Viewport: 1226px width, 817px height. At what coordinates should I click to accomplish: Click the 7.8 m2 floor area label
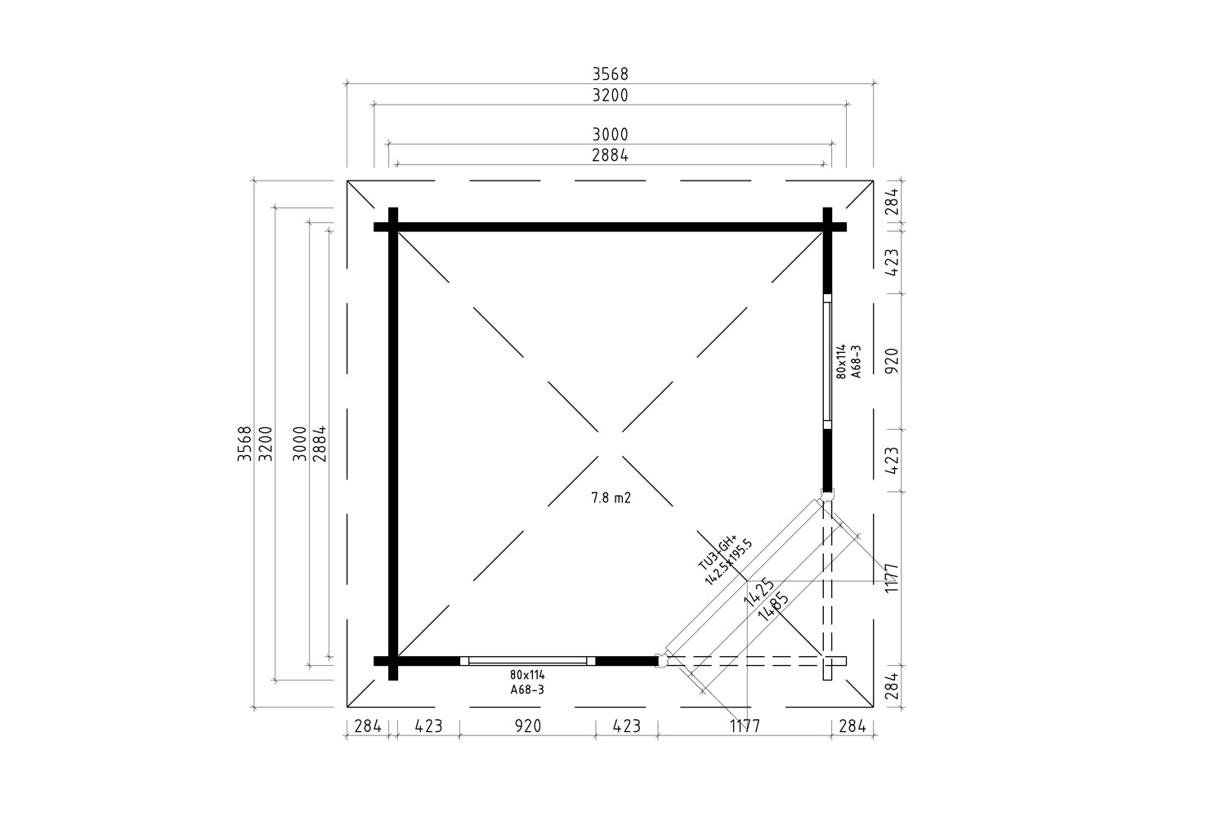(611, 498)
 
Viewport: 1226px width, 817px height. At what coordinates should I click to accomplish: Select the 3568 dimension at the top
(611, 74)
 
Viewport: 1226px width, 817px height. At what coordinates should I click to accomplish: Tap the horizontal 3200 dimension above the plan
(611, 96)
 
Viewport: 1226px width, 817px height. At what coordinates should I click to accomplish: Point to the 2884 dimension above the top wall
(611, 155)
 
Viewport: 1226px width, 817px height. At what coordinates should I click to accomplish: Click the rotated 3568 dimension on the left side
(244, 444)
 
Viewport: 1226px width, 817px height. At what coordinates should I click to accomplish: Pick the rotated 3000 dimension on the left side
(300, 444)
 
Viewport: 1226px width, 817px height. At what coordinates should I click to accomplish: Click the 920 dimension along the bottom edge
(528, 725)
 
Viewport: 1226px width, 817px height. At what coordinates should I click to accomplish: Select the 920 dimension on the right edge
(892, 361)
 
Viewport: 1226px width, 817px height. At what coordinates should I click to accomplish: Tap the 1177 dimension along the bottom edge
(745, 725)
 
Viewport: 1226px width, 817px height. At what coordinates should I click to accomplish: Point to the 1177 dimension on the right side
(892, 577)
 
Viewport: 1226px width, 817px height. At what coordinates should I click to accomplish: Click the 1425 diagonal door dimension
(758, 592)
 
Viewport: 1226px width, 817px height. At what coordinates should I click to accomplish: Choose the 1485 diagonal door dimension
(773, 606)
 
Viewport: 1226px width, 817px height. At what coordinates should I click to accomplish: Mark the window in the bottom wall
(528, 661)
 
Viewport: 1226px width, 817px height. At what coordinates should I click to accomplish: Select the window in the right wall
(827, 361)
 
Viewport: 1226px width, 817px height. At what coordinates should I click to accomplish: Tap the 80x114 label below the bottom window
(527, 676)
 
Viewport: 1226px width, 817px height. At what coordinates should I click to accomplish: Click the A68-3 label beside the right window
(857, 361)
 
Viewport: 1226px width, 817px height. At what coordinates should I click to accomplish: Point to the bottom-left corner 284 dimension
(367, 725)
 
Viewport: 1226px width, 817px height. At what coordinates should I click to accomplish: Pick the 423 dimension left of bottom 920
(428, 725)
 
